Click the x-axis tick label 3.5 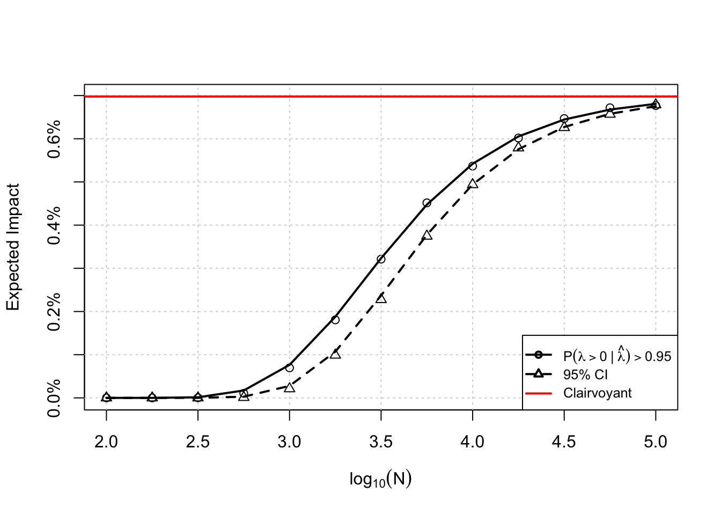(381, 442)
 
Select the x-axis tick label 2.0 (106, 442)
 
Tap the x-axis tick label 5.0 (656, 442)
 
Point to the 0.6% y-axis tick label (54, 139)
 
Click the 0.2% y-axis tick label (54, 312)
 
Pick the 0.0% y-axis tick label (54, 398)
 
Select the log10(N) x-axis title (380, 479)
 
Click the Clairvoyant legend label (597, 393)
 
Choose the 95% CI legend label (585, 374)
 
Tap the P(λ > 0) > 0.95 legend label (617, 356)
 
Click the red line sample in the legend (539, 393)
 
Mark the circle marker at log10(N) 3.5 (381, 259)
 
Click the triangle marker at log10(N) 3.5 (381, 298)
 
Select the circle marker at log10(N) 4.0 (473, 166)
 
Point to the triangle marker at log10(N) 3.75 (427, 235)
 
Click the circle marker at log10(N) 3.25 (335, 320)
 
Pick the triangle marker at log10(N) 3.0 (290, 387)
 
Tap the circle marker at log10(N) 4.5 (564, 119)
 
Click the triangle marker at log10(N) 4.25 (518, 147)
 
